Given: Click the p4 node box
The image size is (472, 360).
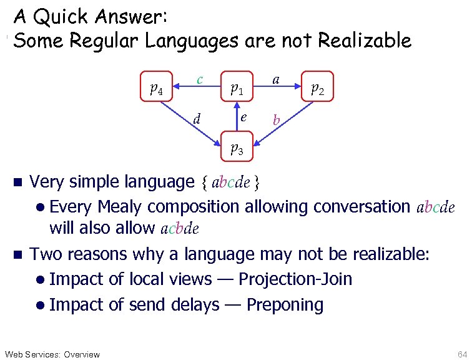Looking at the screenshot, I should tap(157, 89).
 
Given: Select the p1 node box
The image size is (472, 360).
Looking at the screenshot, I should tap(236, 89).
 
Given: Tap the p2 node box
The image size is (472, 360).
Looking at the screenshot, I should tap(318, 89).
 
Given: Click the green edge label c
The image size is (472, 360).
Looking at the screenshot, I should tap(199, 79).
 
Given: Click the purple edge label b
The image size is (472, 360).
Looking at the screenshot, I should tap(276, 119).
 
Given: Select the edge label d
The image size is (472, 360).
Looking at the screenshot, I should tap(197, 117).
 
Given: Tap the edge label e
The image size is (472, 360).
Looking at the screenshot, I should tap(244, 117).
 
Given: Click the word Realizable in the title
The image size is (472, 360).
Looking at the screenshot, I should tap(365, 41).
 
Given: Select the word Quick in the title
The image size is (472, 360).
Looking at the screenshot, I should tap(66, 16).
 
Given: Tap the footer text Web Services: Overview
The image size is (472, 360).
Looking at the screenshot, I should tap(52, 354).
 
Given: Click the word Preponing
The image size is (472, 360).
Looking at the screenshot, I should tap(285, 304).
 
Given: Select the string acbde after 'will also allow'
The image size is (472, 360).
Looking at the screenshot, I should tap(180, 229).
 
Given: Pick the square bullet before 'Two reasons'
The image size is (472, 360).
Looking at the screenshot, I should tap(17, 254).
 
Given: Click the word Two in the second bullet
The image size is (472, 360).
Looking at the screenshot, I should tap(47, 254).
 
